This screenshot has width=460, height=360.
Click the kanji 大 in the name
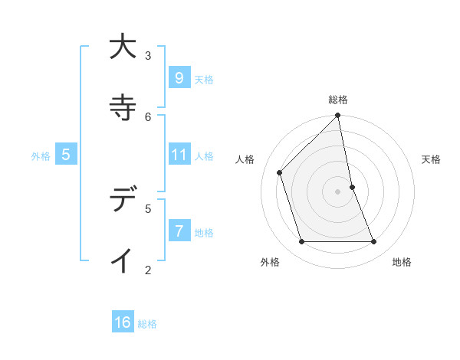point(121,47)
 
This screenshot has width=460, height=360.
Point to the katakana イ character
point(121,260)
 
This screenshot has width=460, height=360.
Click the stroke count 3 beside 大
point(148,55)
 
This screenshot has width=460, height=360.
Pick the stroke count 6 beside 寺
point(148,116)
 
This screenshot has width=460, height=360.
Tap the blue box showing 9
point(179,78)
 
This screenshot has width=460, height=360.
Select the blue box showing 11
point(179,155)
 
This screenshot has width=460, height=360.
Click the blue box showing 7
point(179,231)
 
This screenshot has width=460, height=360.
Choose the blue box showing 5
point(65,155)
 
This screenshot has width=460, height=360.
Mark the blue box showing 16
point(123,323)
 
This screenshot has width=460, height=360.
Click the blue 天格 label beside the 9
point(204,80)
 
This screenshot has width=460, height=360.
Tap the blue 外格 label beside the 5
point(41,156)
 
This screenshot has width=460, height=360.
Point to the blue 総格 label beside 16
point(147,324)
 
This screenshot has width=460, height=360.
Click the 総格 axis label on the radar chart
point(338,100)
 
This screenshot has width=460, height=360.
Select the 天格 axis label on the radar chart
point(431,159)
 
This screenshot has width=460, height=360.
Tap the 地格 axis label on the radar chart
point(402,262)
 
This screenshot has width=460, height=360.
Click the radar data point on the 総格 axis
point(338,116)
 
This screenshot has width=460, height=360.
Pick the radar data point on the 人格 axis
point(280,172)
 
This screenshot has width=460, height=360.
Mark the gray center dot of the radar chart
point(338,191)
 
